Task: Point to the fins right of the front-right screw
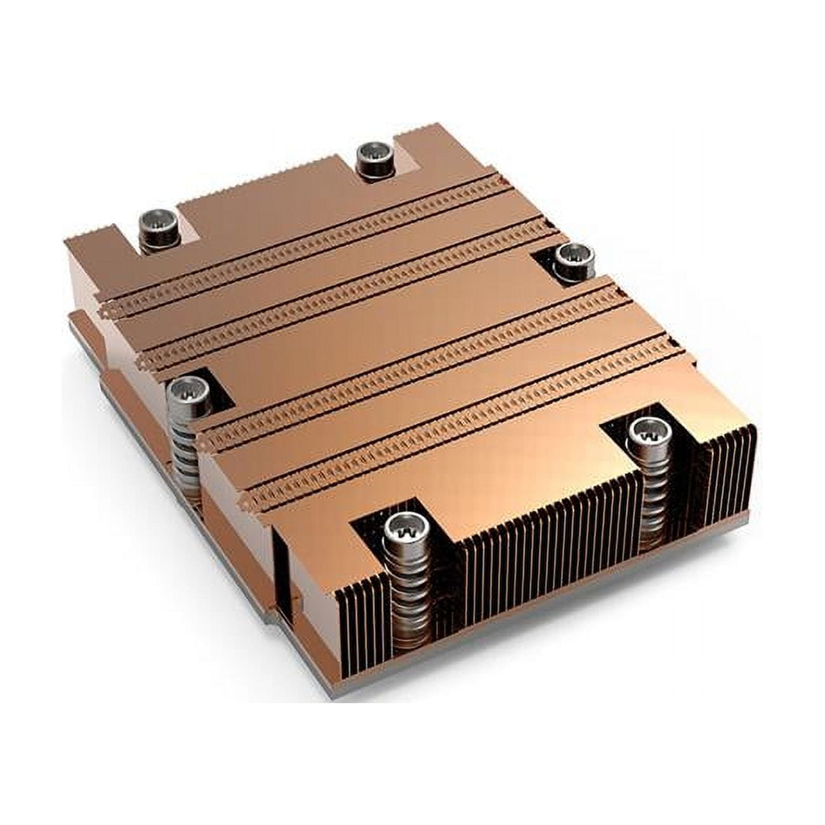click(723, 482)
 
